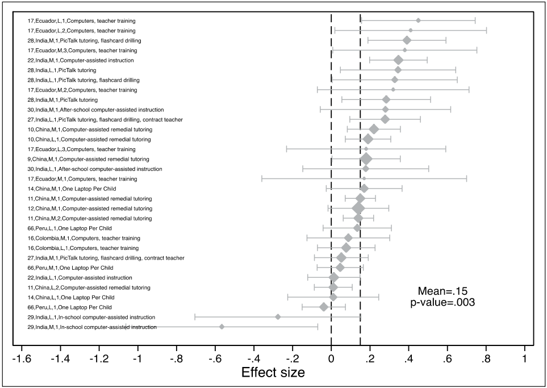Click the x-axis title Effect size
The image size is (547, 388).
point(273,373)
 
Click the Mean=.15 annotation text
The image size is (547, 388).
point(442,290)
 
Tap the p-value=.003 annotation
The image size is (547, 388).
point(442,302)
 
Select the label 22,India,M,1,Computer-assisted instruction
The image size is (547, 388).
point(81,60)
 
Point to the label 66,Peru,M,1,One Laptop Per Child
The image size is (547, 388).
point(70,268)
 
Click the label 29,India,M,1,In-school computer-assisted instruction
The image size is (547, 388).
point(92,327)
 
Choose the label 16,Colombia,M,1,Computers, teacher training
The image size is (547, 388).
point(83,238)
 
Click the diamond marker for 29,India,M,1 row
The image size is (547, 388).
point(222,327)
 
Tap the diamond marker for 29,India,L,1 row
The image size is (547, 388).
point(278,317)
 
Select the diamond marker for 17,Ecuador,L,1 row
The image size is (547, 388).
point(418,20)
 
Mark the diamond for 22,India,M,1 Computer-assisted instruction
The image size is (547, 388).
point(398,60)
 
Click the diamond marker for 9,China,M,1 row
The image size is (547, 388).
point(366,159)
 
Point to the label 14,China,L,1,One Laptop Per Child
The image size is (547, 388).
point(71,297)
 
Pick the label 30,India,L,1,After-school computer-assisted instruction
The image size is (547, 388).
point(95,169)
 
